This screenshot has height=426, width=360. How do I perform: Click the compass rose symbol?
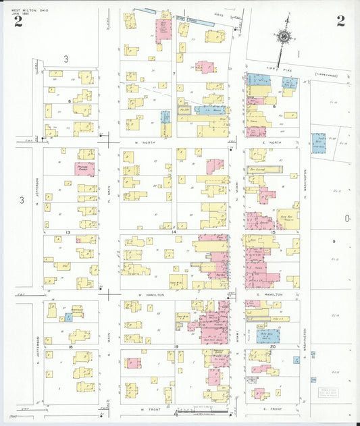click(284, 36)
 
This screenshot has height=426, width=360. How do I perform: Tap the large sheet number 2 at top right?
click(340, 20)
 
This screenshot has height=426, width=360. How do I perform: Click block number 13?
click(68, 232)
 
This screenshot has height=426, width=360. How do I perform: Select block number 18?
click(70, 346)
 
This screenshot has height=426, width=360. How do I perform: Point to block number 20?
click(272, 346)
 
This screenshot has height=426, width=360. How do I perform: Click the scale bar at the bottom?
click(203, 410)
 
